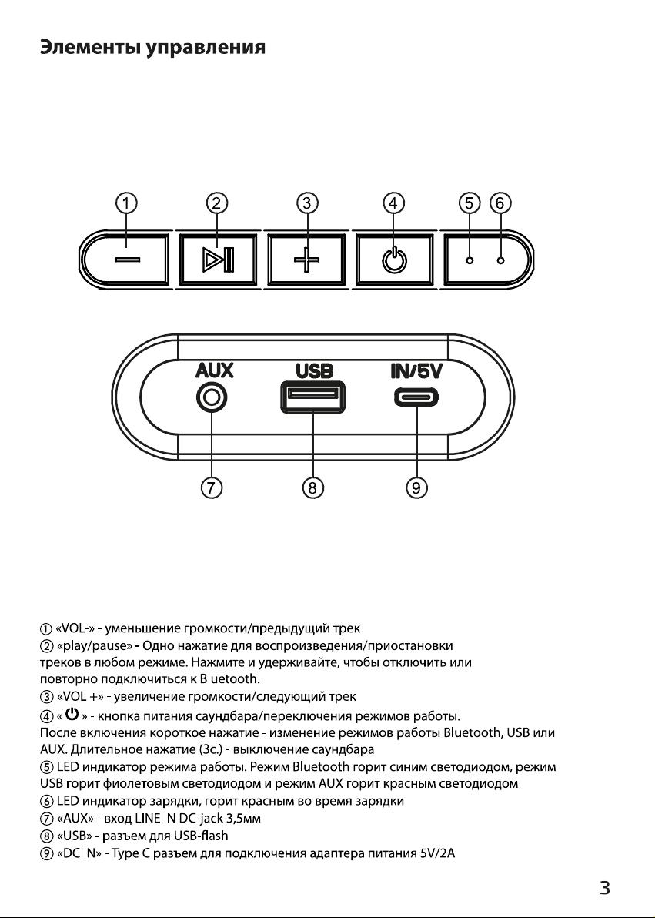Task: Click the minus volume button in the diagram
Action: coord(126,260)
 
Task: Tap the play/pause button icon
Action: coord(218,260)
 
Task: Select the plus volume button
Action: coord(307,260)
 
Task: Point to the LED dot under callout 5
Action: coord(469,260)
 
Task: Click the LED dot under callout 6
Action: coord(500,260)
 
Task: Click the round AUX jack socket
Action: coord(212,398)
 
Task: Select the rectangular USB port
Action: coord(312,397)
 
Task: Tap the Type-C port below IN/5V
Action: coord(416,397)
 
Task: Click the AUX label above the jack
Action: coord(214,370)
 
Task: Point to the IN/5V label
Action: coord(416,370)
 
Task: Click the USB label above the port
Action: coord(314,370)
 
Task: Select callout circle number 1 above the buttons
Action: coord(126,203)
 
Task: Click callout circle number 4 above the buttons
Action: coord(393,203)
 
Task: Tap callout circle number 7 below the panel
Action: coord(212,487)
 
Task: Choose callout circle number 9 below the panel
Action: coord(416,487)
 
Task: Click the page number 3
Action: coord(605,888)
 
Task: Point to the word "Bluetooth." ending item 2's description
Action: coord(229,679)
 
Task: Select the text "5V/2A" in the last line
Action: coord(437,853)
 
